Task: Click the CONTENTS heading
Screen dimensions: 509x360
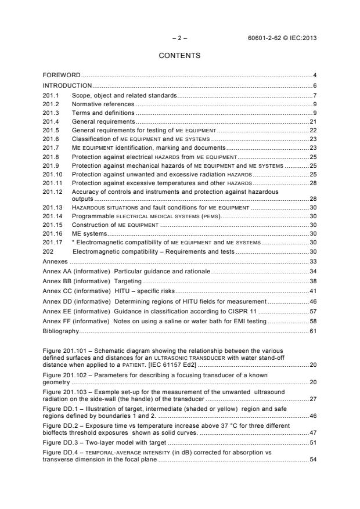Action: coord(179,56)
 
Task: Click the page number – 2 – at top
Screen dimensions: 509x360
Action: coord(179,38)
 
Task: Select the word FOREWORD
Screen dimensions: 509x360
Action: coord(61,75)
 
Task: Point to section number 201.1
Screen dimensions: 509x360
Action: coord(51,95)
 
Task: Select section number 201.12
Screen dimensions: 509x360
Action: coord(53,192)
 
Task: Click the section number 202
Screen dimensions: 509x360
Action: coord(48,251)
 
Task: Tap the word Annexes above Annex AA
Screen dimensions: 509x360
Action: coord(55,261)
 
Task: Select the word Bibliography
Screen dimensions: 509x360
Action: coord(60,331)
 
